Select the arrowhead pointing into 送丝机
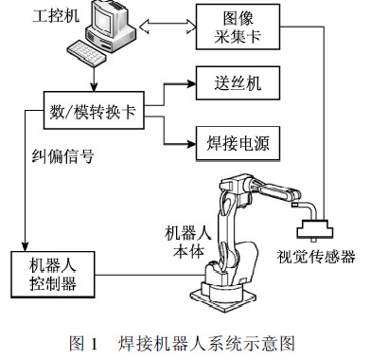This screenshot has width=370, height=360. pos(189,83)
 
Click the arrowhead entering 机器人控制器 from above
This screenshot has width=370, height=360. pos(23,248)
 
